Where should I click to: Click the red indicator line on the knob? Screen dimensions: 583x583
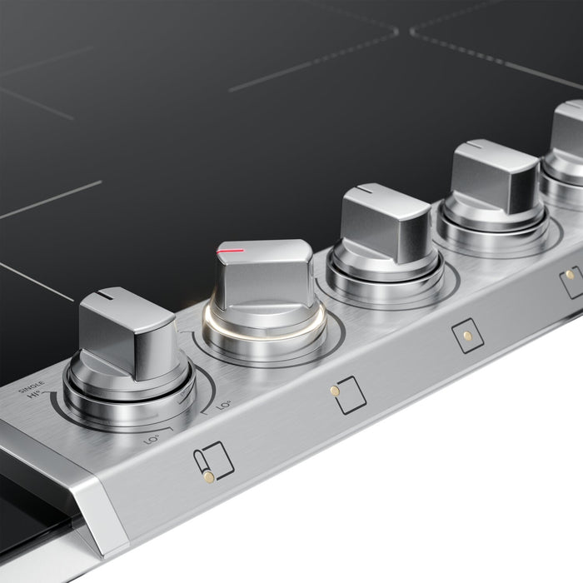(x=230, y=250)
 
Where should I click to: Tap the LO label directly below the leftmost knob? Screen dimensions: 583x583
(x=152, y=434)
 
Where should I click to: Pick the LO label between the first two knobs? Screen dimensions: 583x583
(x=223, y=404)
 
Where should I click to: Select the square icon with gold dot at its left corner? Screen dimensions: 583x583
(x=348, y=395)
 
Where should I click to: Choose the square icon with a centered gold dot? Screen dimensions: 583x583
(x=468, y=336)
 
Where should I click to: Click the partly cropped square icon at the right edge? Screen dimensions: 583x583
(x=572, y=281)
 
